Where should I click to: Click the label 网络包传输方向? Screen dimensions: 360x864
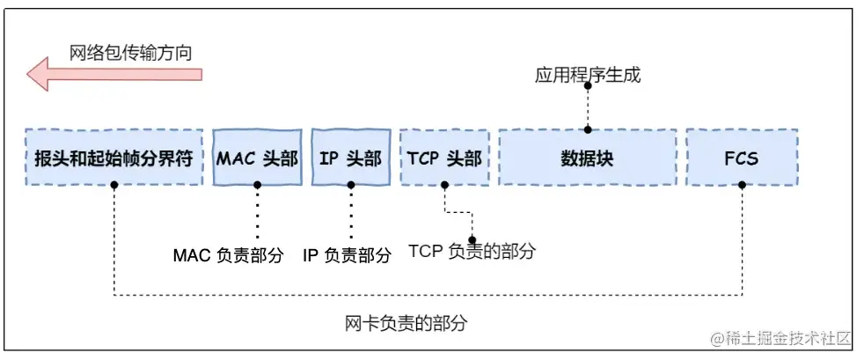[x=131, y=53]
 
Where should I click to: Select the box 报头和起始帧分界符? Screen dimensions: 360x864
[x=113, y=158]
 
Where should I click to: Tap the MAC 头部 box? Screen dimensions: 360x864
[x=257, y=158]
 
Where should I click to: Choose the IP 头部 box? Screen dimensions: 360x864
[x=350, y=158]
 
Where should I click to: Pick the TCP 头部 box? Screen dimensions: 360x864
[x=444, y=158]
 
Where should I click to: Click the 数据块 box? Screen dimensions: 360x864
[x=587, y=158]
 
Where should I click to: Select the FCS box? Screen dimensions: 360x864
[x=742, y=158]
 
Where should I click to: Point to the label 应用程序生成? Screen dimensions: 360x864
[x=587, y=75]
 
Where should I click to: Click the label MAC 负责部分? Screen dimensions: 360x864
[x=228, y=255]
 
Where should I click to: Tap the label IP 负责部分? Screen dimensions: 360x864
[x=347, y=255]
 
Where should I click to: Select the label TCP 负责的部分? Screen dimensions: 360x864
[x=472, y=251]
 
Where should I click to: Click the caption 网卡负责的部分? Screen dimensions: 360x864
[x=406, y=322]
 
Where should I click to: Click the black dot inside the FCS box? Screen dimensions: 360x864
[x=743, y=185]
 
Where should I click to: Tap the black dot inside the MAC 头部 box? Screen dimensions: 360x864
[x=257, y=185]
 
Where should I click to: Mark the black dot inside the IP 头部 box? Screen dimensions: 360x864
[x=351, y=185]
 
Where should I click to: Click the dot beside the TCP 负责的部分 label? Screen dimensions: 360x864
[x=472, y=239]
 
